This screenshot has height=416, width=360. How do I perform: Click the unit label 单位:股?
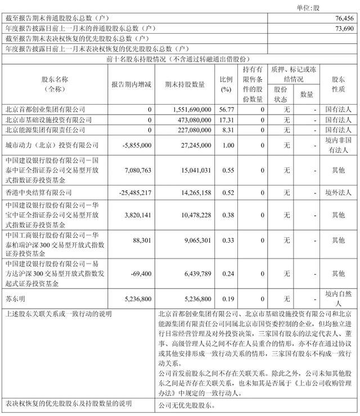(x=336, y=6)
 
